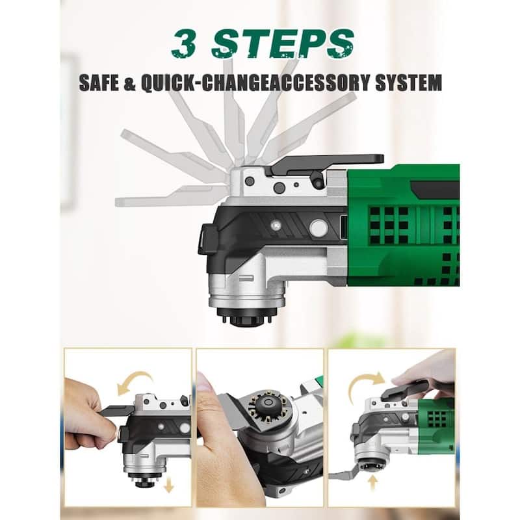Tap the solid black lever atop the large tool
325,163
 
